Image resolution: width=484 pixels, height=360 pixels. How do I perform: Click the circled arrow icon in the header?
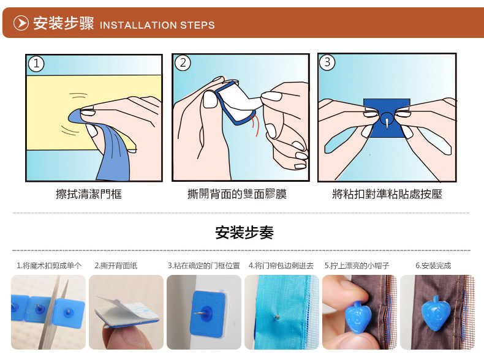coord(21,23)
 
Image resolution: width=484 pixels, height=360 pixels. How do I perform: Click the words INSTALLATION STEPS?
coord(157,25)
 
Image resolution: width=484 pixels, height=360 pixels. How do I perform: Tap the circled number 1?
coord(36,64)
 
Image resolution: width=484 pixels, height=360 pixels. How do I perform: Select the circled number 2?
coord(183,62)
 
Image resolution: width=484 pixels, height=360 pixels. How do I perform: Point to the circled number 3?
coord(327,62)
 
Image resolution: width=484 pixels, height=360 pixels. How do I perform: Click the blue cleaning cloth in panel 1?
coord(108,148)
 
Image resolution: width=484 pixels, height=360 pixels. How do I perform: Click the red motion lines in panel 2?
coord(254,125)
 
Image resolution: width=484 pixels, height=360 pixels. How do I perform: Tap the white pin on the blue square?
coord(387,121)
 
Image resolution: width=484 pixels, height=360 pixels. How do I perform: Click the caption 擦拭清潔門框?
coord(89,194)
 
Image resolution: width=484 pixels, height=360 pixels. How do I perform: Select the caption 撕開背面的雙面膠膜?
coord(237,194)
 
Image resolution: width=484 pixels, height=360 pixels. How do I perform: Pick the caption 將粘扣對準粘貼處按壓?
coord(387,194)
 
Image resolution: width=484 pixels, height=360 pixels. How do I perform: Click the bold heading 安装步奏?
coord(244,232)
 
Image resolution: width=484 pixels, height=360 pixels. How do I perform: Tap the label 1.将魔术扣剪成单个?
coord(49,266)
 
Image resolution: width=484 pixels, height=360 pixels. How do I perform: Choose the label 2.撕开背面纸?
coord(116,266)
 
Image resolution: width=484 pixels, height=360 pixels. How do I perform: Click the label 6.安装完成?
coord(433,266)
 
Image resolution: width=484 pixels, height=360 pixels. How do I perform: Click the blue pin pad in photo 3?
coord(208,313)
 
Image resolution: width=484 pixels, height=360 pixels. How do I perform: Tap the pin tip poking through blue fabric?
coord(278,316)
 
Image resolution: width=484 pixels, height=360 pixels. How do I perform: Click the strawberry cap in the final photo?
coord(435,312)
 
